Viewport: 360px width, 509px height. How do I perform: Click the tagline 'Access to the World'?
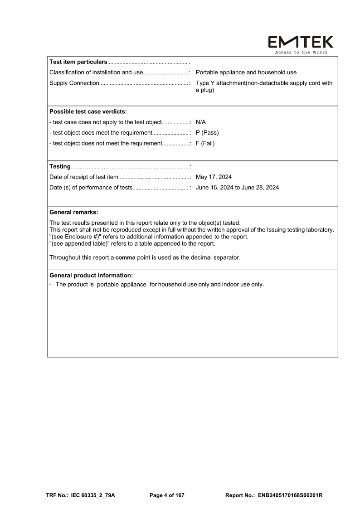pyautogui.click(x=301, y=52)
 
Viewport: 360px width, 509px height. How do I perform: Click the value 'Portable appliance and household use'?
pyautogui.click(x=246, y=73)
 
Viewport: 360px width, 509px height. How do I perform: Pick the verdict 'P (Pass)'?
pyautogui.click(x=207, y=133)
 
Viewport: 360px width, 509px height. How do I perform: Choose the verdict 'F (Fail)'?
pyautogui.click(x=205, y=144)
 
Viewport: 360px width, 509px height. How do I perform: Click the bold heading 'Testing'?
pyautogui.click(x=60, y=166)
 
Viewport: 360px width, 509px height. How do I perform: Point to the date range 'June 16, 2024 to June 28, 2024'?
pyautogui.click(x=237, y=188)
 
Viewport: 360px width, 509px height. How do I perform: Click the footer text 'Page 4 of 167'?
pyautogui.click(x=167, y=495)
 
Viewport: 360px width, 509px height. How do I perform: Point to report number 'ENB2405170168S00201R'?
pyautogui.click(x=290, y=495)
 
